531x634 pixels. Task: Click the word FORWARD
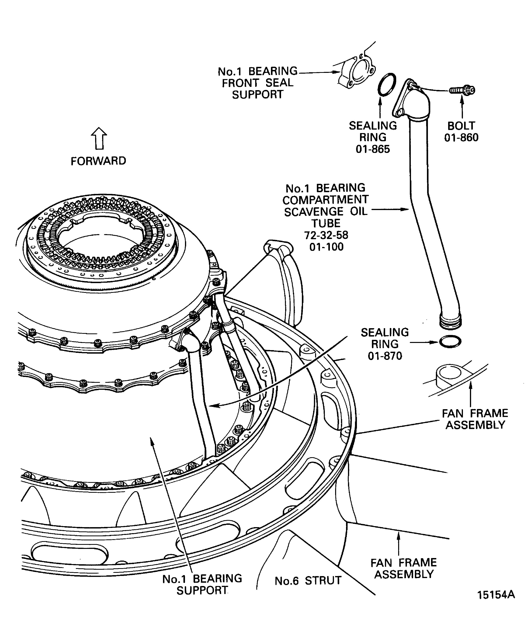[98, 161]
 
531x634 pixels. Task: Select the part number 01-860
[461, 138]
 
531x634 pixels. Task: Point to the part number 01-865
[373, 149]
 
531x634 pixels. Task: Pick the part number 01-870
[385, 356]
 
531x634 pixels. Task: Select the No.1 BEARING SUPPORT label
[202, 584]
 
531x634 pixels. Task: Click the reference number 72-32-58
[326, 235]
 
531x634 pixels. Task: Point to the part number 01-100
[326, 247]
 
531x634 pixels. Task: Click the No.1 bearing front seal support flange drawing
[357, 72]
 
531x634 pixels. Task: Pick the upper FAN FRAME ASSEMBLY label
[475, 419]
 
